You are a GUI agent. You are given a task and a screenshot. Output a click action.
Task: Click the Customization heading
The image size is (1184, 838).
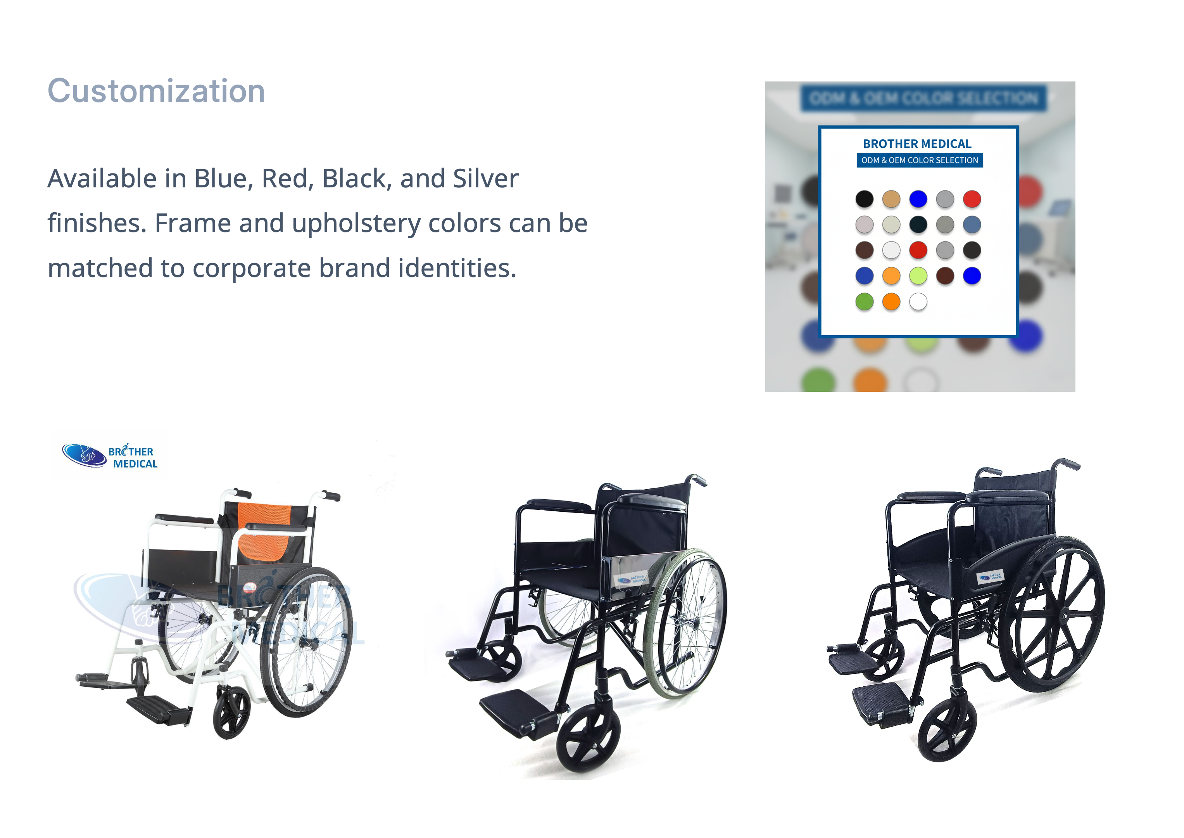(x=156, y=91)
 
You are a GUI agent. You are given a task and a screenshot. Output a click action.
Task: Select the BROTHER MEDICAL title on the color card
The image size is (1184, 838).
(x=917, y=144)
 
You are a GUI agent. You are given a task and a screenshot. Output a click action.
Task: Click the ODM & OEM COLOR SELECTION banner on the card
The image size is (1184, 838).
(x=920, y=161)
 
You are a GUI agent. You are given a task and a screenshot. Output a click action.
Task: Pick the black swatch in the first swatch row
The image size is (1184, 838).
(x=864, y=199)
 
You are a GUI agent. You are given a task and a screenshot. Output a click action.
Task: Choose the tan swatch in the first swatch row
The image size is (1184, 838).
(x=891, y=199)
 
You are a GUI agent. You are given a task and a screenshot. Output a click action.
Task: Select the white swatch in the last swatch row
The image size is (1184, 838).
(x=918, y=302)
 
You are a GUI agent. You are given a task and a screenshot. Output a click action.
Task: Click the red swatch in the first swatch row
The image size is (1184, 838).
(x=972, y=199)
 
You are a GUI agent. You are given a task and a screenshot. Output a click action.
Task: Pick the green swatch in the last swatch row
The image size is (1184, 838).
(x=864, y=302)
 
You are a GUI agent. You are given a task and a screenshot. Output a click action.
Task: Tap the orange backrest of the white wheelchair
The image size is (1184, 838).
(x=266, y=532)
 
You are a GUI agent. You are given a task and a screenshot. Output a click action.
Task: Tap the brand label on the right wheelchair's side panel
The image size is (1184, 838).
(x=990, y=577)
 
